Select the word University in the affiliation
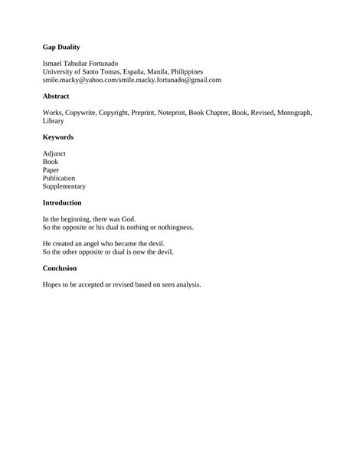(x=60, y=71)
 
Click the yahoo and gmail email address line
(x=132, y=80)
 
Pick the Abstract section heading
(x=56, y=97)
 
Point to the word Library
(x=54, y=121)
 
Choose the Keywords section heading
(x=58, y=137)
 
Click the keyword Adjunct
(x=55, y=153)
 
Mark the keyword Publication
(x=59, y=178)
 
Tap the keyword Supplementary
(x=64, y=186)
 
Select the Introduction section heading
(x=62, y=202)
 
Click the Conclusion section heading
(x=60, y=268)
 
